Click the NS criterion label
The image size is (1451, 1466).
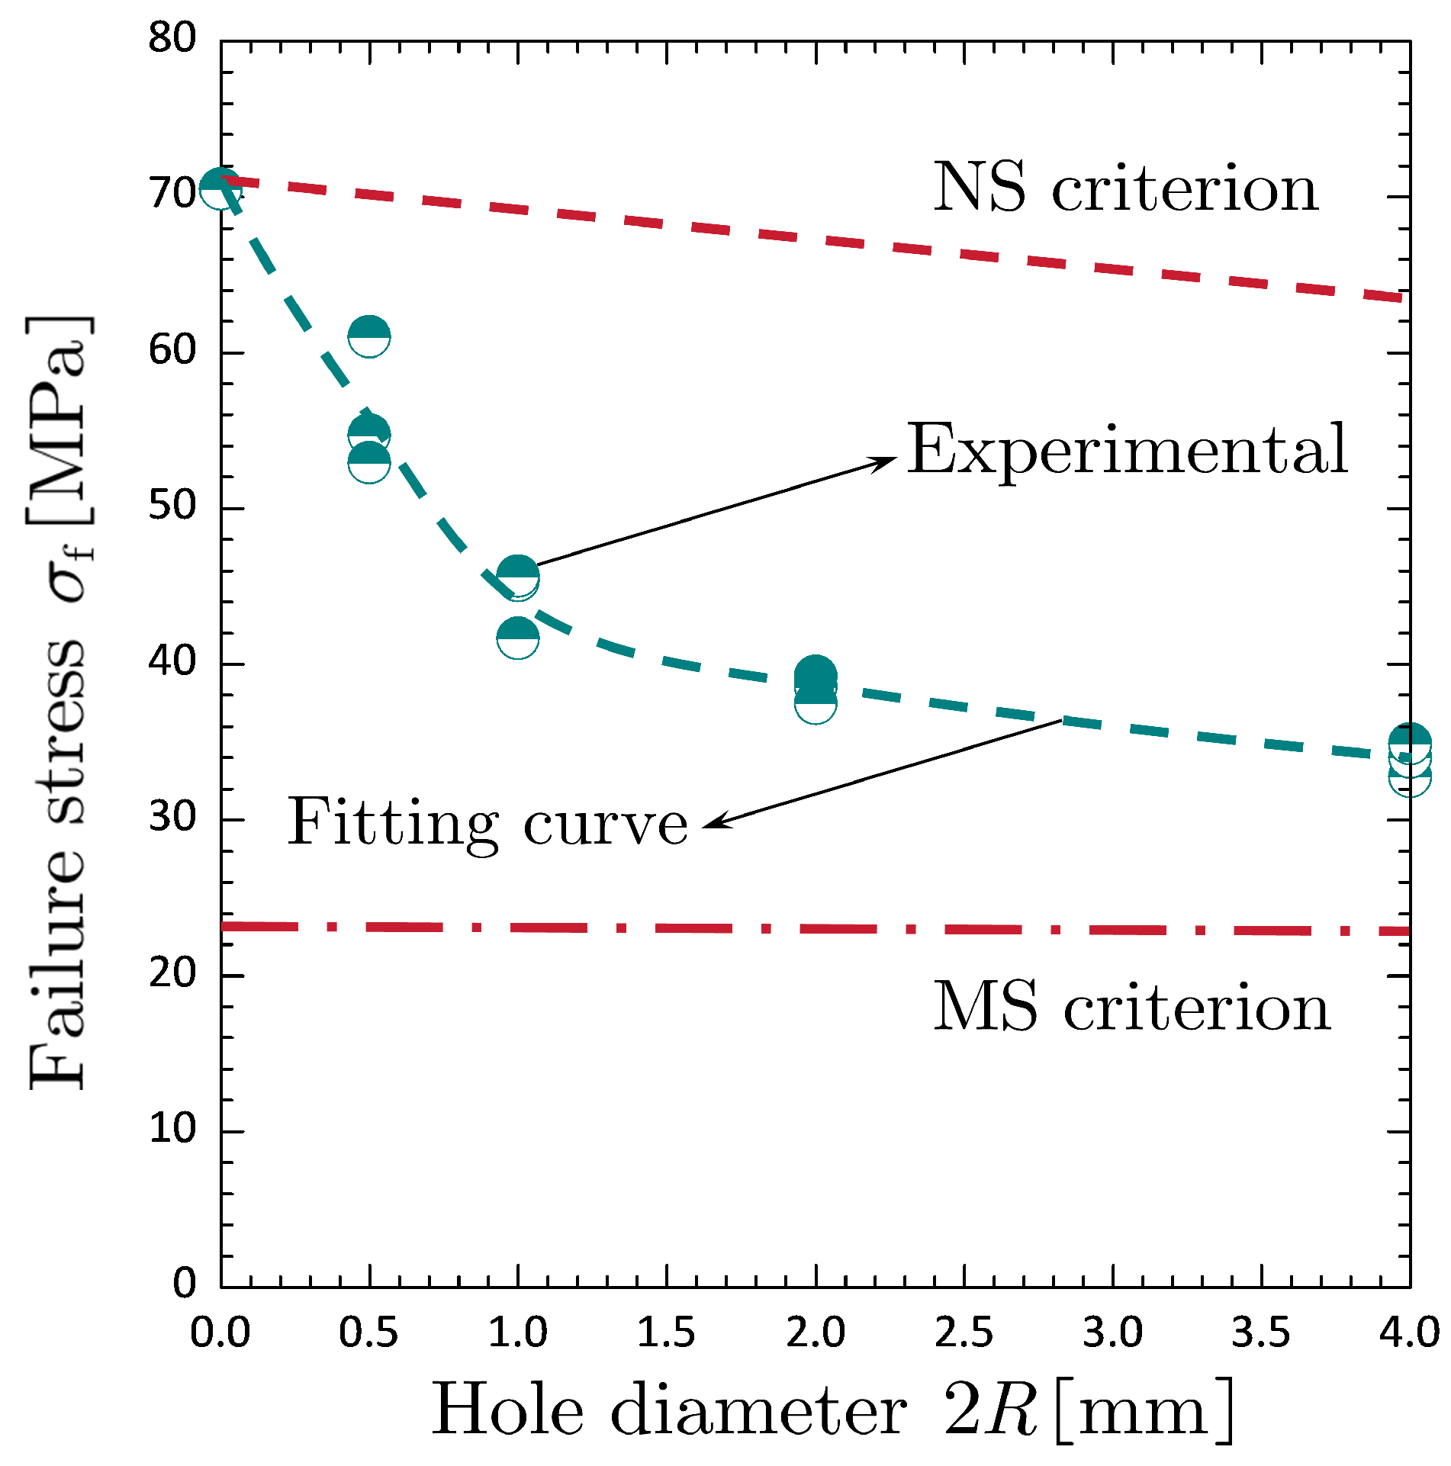(x=1125, y=188)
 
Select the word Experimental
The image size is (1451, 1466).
(x=1127, y=450)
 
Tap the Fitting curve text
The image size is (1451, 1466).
(x=487, y=822)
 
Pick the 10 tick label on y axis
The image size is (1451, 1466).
(x=172, y=1128)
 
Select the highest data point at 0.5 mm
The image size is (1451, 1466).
(x=369, y=335)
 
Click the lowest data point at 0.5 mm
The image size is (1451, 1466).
(x=369, y=461)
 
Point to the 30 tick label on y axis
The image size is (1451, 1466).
(x=172, y=817)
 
